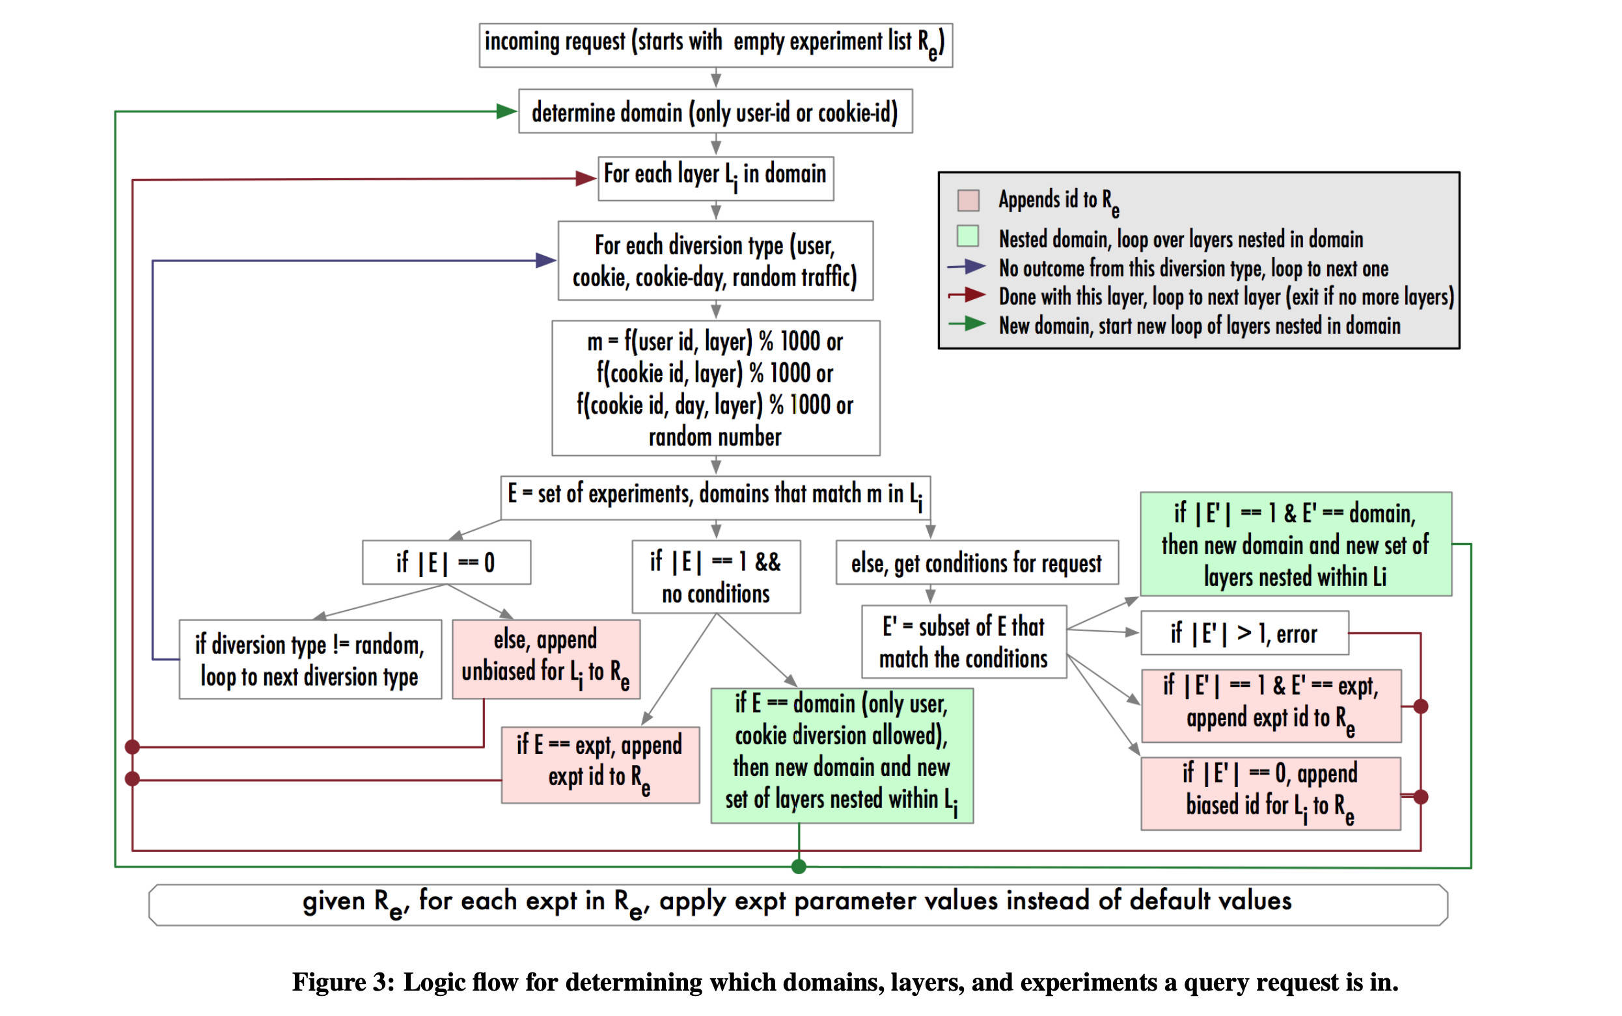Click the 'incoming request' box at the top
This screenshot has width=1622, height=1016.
point(715,45)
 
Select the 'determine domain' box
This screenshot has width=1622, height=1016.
point(715,111)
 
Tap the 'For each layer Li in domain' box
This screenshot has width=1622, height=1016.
point(715,178)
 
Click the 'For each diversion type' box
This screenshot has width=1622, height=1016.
point(715,261)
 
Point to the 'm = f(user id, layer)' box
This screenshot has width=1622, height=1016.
point(715,388)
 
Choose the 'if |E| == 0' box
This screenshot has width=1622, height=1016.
point(446,563)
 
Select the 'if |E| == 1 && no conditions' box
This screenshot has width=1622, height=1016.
point(715,576)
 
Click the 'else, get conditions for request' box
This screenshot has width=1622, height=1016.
point(976,563)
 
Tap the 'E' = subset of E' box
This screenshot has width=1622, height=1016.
point(963,642)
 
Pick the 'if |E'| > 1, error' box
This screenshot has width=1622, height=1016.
point(1244,633)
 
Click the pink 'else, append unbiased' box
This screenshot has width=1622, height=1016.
point(545,659)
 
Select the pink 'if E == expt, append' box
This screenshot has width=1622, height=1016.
point(599,765)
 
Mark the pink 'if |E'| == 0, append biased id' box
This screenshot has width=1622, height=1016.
point(1270,794)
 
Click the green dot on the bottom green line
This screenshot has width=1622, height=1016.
point(798,867)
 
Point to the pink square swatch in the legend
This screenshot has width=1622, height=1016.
point(968,200)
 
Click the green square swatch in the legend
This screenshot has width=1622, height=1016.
point(968,237)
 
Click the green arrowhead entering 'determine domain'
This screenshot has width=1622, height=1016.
point(506,111)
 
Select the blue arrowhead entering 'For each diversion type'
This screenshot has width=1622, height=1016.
point(545,261)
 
